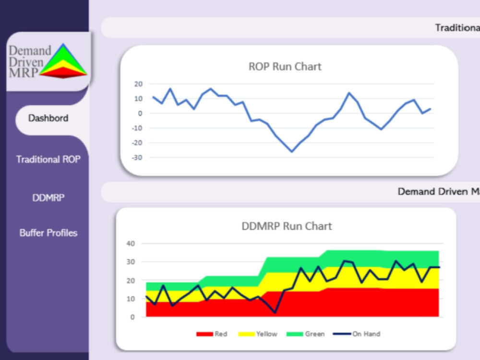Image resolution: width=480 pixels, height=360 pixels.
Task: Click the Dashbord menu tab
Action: pyautogui.click(x=48, y=118)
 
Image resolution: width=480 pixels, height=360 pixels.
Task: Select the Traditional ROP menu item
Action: pyautogui.click(x=48, y=159)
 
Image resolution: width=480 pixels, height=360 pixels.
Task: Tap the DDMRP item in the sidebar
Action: pyautogui.click(x=48, y=198)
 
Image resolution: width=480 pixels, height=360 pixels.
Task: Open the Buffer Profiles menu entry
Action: pyautogui.click(x=48, y=233)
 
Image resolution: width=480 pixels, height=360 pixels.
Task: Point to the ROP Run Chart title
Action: pyautogui.click(x=285, y=66)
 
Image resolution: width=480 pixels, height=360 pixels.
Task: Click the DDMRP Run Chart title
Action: pyautogui.click(x=287, y=226)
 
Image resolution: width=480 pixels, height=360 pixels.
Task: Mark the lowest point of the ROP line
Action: pyautogui.click(x=292, y=152)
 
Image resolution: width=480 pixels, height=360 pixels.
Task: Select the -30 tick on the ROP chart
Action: pyautogui.click(x=137, y=157)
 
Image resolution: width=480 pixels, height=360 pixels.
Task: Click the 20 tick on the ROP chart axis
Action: pyautogui.click(x=138, y=84)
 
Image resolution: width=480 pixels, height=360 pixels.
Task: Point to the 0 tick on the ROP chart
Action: pyautogui.click(x=140, y=114)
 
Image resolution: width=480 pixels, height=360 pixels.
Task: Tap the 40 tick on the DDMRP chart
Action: pyautogui.click(x=131, y=244)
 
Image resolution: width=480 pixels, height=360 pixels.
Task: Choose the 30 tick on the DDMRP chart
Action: pyautogui.click(x=131, y=262)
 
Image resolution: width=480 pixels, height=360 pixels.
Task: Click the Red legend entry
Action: pyautogui.click(x=212, y=334)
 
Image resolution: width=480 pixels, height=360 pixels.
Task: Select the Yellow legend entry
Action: pyautogui.click(x=258, y=334)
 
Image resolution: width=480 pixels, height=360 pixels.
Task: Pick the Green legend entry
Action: pyautogui.click(x=305, y=334)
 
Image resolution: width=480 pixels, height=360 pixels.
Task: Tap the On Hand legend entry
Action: pyautogui.click(x=357, y=334)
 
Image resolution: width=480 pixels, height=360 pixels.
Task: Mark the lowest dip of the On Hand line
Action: pyautogui.click(x=275, y=312)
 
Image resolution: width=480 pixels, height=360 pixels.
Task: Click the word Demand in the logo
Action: pyautogui.click(x=30, y=50)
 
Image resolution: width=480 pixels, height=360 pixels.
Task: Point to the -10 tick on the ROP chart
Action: pyautogui.click(x=137, y=128)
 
